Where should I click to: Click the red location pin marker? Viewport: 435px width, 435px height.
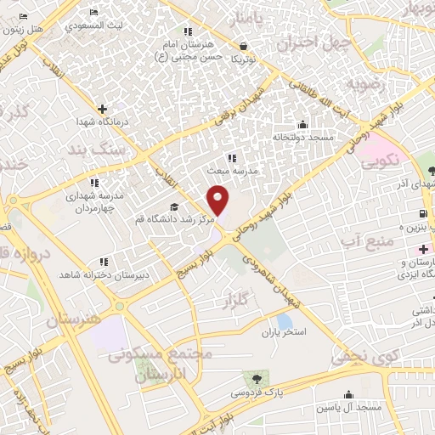219,201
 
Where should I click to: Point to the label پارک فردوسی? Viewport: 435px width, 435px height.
257,393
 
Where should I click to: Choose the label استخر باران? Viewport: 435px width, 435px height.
283,330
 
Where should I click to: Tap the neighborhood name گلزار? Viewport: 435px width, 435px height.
243,302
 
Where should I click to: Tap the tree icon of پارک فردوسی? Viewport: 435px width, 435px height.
257,377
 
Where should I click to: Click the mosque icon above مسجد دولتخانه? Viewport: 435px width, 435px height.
302,124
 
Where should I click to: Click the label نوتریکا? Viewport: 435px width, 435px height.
243,59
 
